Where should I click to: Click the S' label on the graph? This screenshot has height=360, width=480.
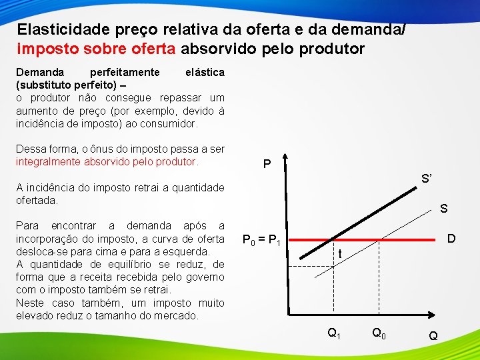427,179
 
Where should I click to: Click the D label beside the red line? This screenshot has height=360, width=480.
451,238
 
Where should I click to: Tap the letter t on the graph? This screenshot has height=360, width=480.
340,253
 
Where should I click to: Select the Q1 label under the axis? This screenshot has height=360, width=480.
333,333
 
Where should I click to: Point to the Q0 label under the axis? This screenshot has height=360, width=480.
378,333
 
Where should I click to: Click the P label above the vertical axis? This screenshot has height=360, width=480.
267,163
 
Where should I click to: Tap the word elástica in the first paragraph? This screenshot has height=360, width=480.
204,72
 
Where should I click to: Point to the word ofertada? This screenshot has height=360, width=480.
37,200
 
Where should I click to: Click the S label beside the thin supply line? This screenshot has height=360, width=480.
443,209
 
